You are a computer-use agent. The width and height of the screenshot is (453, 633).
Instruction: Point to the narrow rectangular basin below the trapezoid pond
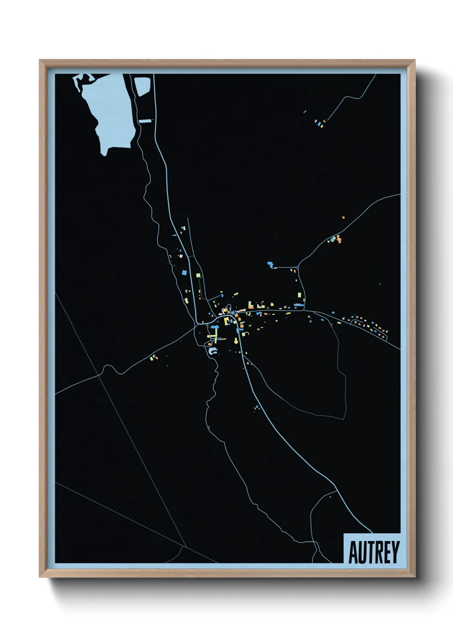coord(145,121)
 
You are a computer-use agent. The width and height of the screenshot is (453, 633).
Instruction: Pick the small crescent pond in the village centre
coord(212,352)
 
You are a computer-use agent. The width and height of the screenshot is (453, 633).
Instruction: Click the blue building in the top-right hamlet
coord(319,124)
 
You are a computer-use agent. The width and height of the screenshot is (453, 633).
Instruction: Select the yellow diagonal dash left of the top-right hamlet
coord(305,112)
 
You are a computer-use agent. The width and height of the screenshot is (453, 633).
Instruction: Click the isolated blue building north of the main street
coord(270,264)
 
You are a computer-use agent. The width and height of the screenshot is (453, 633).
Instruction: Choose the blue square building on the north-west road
coord(184,272)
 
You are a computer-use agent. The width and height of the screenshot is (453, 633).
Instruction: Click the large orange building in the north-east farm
coord(339,239)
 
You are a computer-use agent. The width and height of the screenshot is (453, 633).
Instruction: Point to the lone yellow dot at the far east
coord(379,284)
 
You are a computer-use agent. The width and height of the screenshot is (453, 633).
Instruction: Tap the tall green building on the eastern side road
coord(299,295)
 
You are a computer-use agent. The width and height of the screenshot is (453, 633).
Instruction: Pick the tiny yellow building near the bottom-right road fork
coord(330,497)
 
